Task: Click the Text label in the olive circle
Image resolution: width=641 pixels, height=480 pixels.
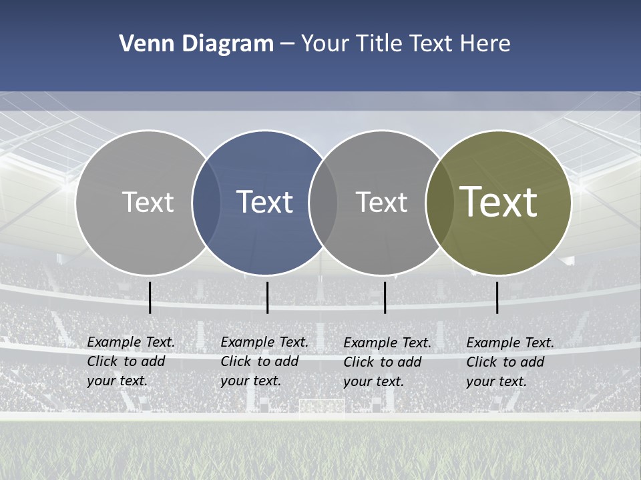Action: click(x=498, y=201)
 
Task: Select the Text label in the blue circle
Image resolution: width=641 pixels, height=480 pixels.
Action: click(x=264, y=202)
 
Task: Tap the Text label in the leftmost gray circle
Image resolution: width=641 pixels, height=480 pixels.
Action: click(x=148, y=202)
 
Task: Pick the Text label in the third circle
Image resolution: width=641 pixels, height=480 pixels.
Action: click(x=381, y=202)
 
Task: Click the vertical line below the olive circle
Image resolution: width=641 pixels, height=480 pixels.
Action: click(x=497, y=297)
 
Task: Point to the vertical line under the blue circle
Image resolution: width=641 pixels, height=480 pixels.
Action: click(x=267, y=297)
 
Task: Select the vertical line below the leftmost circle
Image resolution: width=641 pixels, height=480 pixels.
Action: click(x=150, y=297)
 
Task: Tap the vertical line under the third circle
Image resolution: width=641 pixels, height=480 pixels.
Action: click(x=385, y=297)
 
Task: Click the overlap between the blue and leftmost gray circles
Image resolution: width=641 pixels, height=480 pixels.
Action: click(x=206, y=203)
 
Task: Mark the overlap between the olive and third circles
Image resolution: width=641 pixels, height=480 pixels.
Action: click(x=438, y=203)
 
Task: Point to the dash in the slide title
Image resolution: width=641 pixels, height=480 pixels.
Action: click(x=287, y=45)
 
